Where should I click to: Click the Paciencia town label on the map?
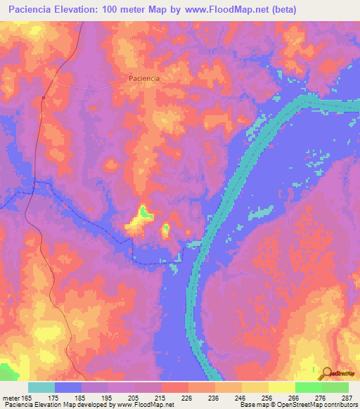pyautogui.click(x=144, y=79)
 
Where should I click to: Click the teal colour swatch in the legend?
pyautogui.click(x=41, y=387)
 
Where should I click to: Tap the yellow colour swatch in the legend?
pyautogui.click(x=281, y=387)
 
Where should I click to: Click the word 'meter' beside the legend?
pyautogui.click(x=13, y=397)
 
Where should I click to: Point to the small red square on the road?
pyautogui.click(x=44, y=99)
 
